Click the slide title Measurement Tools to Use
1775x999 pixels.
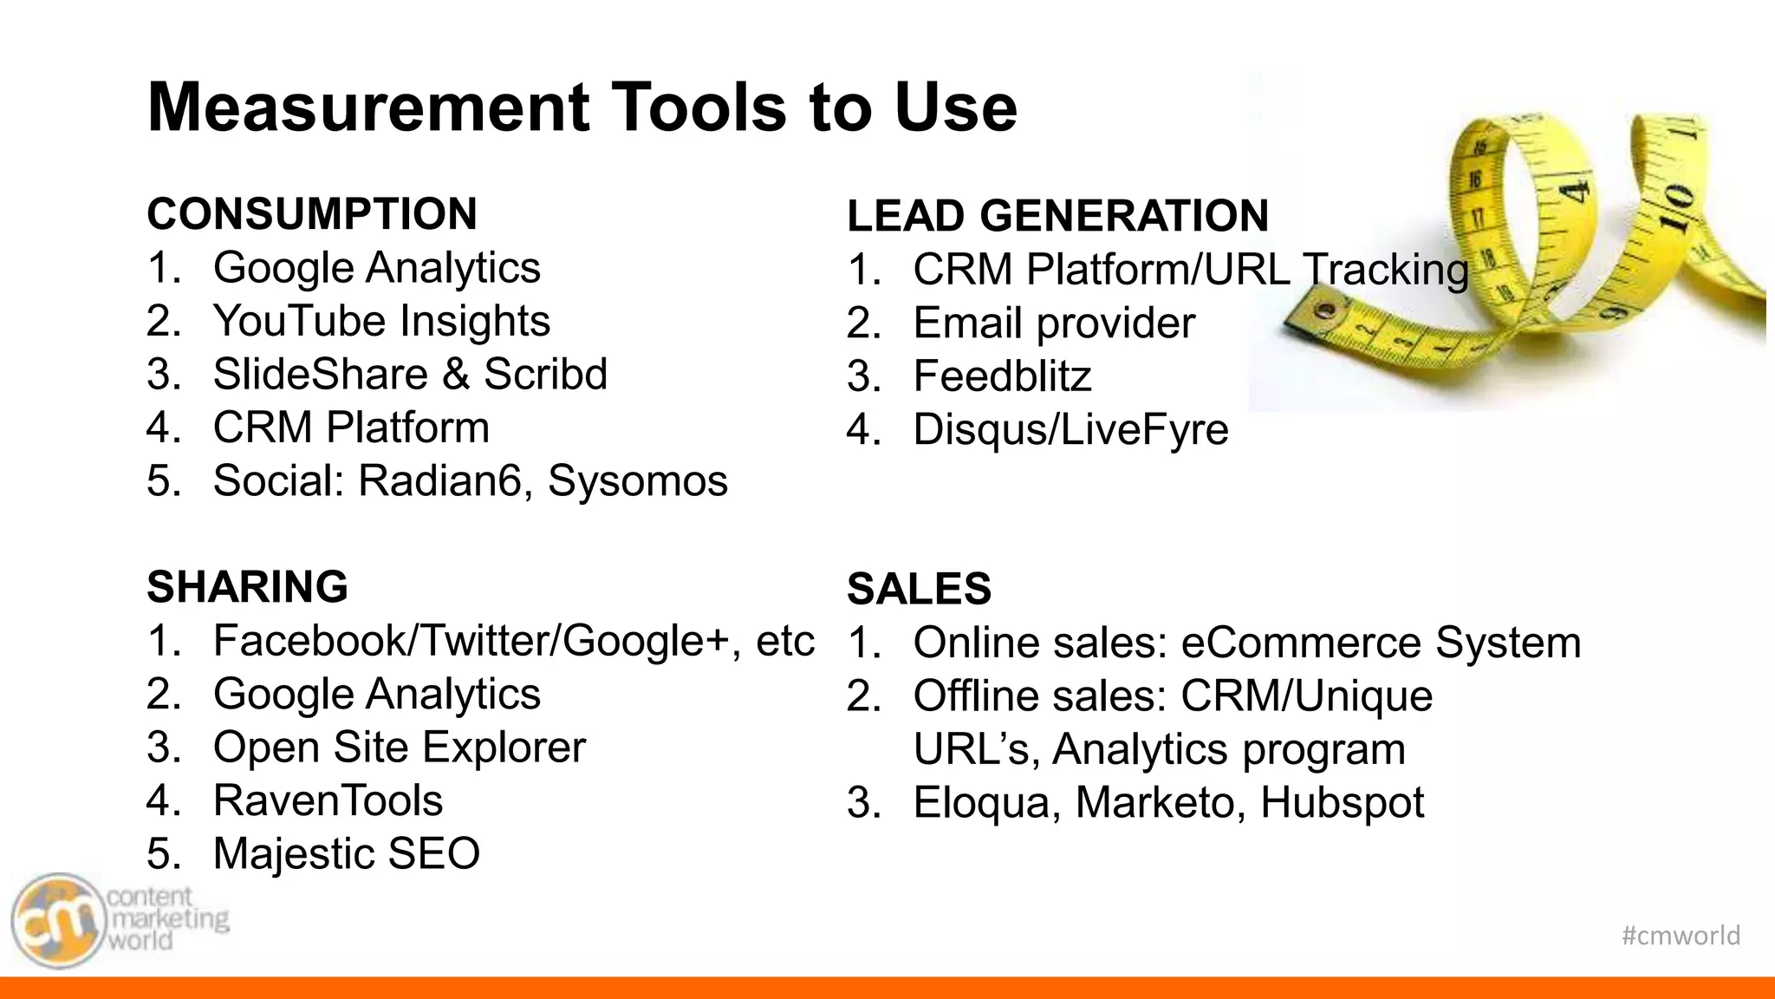(582, 108)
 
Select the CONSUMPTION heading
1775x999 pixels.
(312, 214)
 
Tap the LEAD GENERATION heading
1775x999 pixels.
(1057, 216)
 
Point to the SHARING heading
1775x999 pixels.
(247, 587)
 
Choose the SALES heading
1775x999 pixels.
(919, 590)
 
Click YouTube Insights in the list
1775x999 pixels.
(381, 322)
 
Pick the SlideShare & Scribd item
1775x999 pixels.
(410, 375)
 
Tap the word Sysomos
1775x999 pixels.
(637, 481)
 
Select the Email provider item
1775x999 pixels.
(1054, 323)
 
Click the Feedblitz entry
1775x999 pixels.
(1002, 377)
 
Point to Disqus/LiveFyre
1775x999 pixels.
(1070, 430)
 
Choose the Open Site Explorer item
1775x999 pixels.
(400, 748)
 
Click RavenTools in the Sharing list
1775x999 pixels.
(328, 800)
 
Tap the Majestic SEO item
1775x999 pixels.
(347, 854)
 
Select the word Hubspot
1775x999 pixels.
(1342, 803)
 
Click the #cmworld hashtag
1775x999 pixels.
(1681, 936)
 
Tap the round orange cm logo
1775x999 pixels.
(57, 921)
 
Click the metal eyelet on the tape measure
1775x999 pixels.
(1323, 310)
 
